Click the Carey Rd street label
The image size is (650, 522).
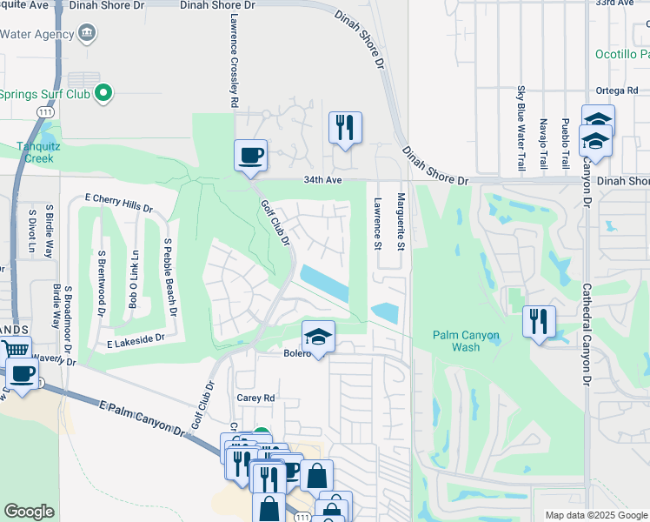[255, 398]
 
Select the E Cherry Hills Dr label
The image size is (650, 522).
[118, 204]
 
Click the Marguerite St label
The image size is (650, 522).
[401, 223]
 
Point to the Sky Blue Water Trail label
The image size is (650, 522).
[521, 129]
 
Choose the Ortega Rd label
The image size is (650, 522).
[618, 90]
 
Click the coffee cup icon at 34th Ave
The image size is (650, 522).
[250, 156]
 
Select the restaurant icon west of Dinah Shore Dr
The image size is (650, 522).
[345, 128]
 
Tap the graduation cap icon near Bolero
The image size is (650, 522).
[319, 337]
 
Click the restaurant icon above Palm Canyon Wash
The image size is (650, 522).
[539, 322]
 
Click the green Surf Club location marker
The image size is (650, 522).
[104, 91]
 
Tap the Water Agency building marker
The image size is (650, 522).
[86, 34]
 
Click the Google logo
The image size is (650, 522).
[30, 512]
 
